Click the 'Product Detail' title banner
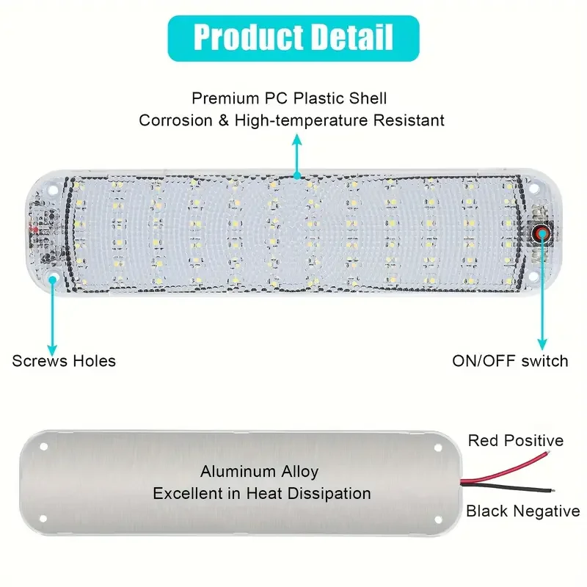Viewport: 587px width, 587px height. point(293,37)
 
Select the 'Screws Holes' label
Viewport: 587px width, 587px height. point(64,360)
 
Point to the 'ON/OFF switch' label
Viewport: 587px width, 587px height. point(510,360)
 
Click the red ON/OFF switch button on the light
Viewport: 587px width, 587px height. point(542,234)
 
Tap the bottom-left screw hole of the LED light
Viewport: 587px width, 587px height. point(53,277)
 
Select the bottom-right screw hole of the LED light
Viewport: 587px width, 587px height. point(533,277)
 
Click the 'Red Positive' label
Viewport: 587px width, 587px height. point(516,440)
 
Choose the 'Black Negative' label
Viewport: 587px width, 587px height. point(522,511)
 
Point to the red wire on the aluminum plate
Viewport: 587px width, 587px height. point(506,469)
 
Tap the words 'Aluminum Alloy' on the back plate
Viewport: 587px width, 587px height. point(260,472)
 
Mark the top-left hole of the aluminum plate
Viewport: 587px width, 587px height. point(43,445)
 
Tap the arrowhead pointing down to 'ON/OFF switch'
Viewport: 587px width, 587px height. point(542,343)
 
